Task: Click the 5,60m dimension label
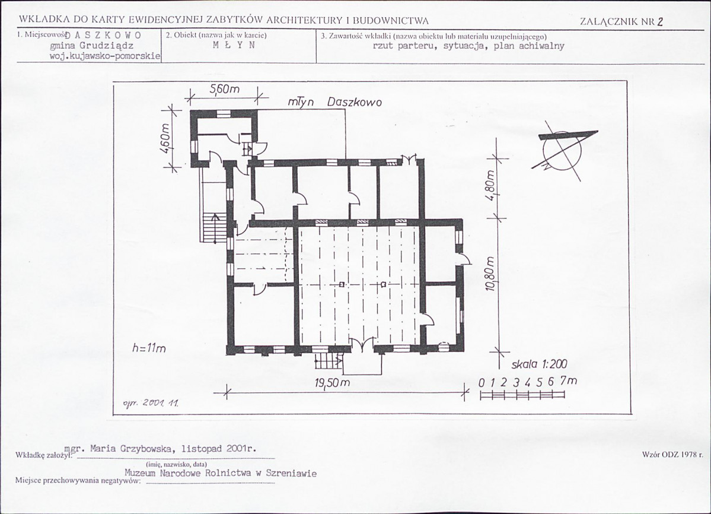pyautogui.click(x=224, y=90)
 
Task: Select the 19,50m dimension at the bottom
pyautogui.click(x=333, y=383)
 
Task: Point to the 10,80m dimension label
pyautogui.click(x=489, y=274)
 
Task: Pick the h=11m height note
pyautogui.click(x=149, y=348)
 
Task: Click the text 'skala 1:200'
pyautogui.click(x=539, y=364)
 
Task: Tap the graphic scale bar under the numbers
pyautogui.click(x=522, y=395)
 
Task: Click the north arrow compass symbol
pyautogui.click(x=562, y=150)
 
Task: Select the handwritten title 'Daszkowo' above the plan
pyautogui.click(x=354, y=102)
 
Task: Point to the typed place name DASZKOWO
pyautogui.click(x=106, y=36)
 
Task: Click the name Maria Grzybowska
pyautogui.click(x=132, y=449)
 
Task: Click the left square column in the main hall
pyautogui.click(x=342, y=284)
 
